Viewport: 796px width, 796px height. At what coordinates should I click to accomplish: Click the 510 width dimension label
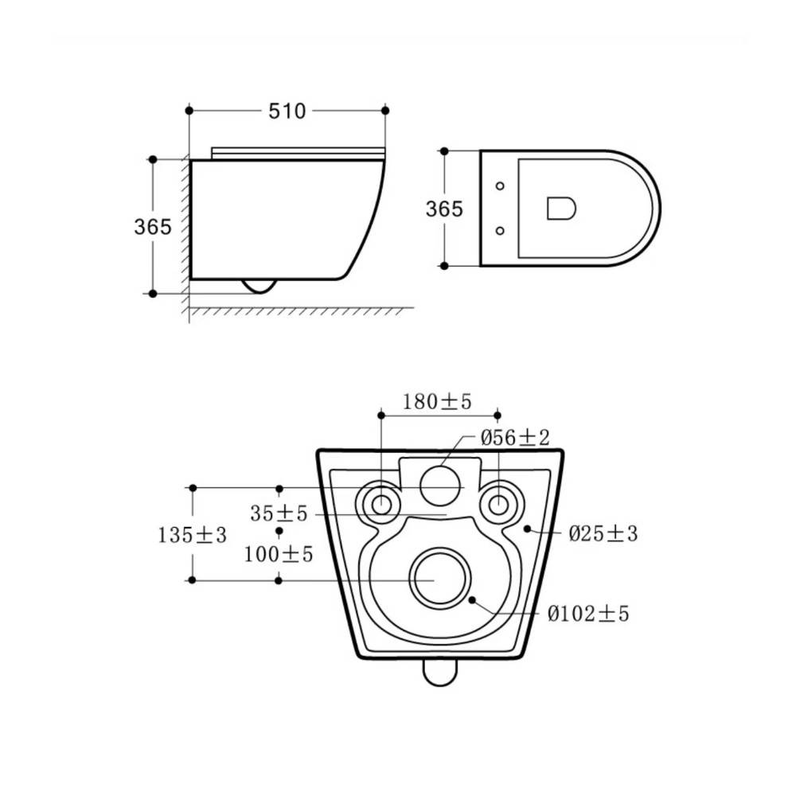(x=287, y=111)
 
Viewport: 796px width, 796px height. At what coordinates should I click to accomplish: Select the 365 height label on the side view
(x=152, y=226)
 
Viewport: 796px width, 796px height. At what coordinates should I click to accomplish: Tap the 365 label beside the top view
(x=444, y=209)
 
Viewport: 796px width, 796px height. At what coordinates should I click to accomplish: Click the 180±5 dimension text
(x=437, y=402)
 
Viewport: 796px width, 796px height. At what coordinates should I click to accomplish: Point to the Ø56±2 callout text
(x=515, y=437)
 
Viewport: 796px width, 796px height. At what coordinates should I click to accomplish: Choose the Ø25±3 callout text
(x=603, y=533)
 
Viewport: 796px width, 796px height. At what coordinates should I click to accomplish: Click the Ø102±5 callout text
(x=588, y=614)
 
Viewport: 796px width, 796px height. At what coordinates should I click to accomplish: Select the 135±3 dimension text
(x=192, y=535)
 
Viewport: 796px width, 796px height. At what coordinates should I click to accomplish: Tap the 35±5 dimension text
(x=279, y=513)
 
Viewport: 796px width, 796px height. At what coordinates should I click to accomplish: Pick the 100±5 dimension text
(x=278, y=554)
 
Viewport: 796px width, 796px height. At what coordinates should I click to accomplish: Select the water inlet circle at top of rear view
(x=439, y=486)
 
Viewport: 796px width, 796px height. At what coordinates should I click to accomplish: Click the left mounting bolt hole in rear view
(x=381, y=505)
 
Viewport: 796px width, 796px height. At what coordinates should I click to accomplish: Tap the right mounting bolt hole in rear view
(x=498, y=505)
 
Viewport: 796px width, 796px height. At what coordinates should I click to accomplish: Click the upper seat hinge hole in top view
(x=500, y=185)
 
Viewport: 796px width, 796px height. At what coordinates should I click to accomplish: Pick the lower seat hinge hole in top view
(x=500, y=231)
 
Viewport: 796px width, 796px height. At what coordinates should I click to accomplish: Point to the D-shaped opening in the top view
(x=561, y=209)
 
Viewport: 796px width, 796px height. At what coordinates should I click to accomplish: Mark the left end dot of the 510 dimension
(x=189, y=111)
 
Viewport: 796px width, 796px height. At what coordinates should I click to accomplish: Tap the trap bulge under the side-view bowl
(x=260, y=287)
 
